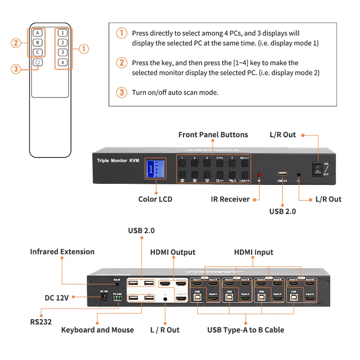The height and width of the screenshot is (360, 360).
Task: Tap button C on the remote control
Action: [38, 52]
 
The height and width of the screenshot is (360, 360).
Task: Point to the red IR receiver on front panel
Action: [260, 175]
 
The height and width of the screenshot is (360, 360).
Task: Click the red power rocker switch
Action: [317, 168]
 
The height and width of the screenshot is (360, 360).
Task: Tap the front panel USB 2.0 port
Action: [282, 174]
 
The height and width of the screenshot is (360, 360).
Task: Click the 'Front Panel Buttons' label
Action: [213, 134]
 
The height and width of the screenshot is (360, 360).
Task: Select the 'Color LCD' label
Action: [155, 199]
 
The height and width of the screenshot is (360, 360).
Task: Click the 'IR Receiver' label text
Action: [230, 199]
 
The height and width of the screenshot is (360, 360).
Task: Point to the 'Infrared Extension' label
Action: [62, 252]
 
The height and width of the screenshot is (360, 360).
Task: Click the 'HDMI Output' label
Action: [173, 252]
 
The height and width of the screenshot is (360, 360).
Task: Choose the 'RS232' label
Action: [41, 322]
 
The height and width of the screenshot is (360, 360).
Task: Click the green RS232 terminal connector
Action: [117, 298]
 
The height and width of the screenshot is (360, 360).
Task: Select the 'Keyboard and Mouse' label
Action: [97, 330]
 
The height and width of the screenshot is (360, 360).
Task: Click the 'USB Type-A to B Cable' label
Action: [246, 330]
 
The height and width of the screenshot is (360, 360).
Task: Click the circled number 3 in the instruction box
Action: [122, 92]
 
